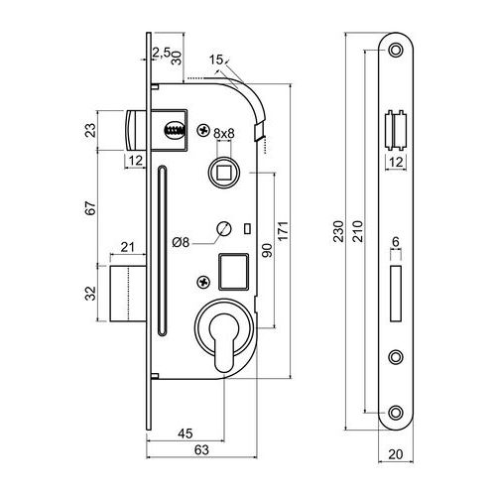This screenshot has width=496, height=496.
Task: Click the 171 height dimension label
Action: click(x=284, y=231)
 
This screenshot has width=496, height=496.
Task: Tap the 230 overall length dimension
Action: click(x=338, y=231)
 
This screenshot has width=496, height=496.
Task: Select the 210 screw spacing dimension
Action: click(x=357, y=231)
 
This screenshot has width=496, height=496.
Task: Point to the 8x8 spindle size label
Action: click(x=224, y=134)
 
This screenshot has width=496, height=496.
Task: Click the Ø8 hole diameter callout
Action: click(x=181, y=243)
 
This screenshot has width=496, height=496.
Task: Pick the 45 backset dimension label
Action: click(x=186, y=434)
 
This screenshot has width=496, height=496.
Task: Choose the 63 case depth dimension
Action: click(x=201, y=450)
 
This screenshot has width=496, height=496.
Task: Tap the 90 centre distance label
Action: click(x=267, y=250)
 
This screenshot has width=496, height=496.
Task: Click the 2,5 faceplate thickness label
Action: click(x=162, y=53)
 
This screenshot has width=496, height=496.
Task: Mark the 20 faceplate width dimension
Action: click(x=396, y=454)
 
